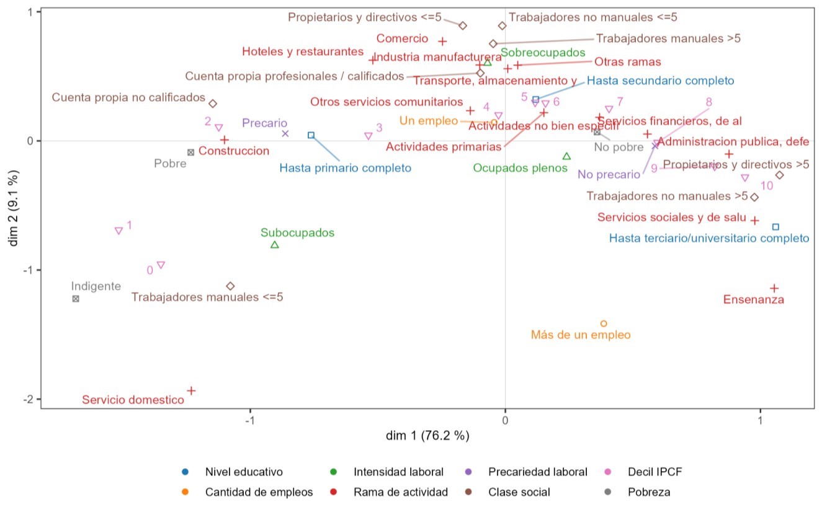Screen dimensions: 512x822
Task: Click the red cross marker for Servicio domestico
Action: (192, 391)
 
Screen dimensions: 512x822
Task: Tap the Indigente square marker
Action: (76, 299)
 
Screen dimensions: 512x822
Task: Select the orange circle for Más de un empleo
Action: (604, 324)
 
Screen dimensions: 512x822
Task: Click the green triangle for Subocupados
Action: (275, 245)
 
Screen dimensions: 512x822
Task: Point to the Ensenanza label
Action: (754, 300)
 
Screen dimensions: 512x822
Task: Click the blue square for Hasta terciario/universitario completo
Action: (775, 227)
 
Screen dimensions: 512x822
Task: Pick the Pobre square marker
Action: (191, 152)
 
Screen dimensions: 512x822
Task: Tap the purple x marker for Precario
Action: (285, 133)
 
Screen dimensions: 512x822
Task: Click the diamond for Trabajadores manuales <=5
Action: (230, 286)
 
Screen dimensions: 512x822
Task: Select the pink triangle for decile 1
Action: (118, 231)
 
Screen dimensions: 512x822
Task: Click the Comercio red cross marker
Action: (442, 42)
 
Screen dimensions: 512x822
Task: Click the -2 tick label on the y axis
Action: (29, 399)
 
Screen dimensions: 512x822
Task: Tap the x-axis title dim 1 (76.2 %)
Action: (427, 436)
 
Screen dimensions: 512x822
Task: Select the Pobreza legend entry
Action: (649, 492)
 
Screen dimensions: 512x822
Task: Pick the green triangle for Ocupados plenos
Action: (566, 156)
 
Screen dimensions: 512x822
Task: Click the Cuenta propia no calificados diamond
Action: (213, 104)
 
